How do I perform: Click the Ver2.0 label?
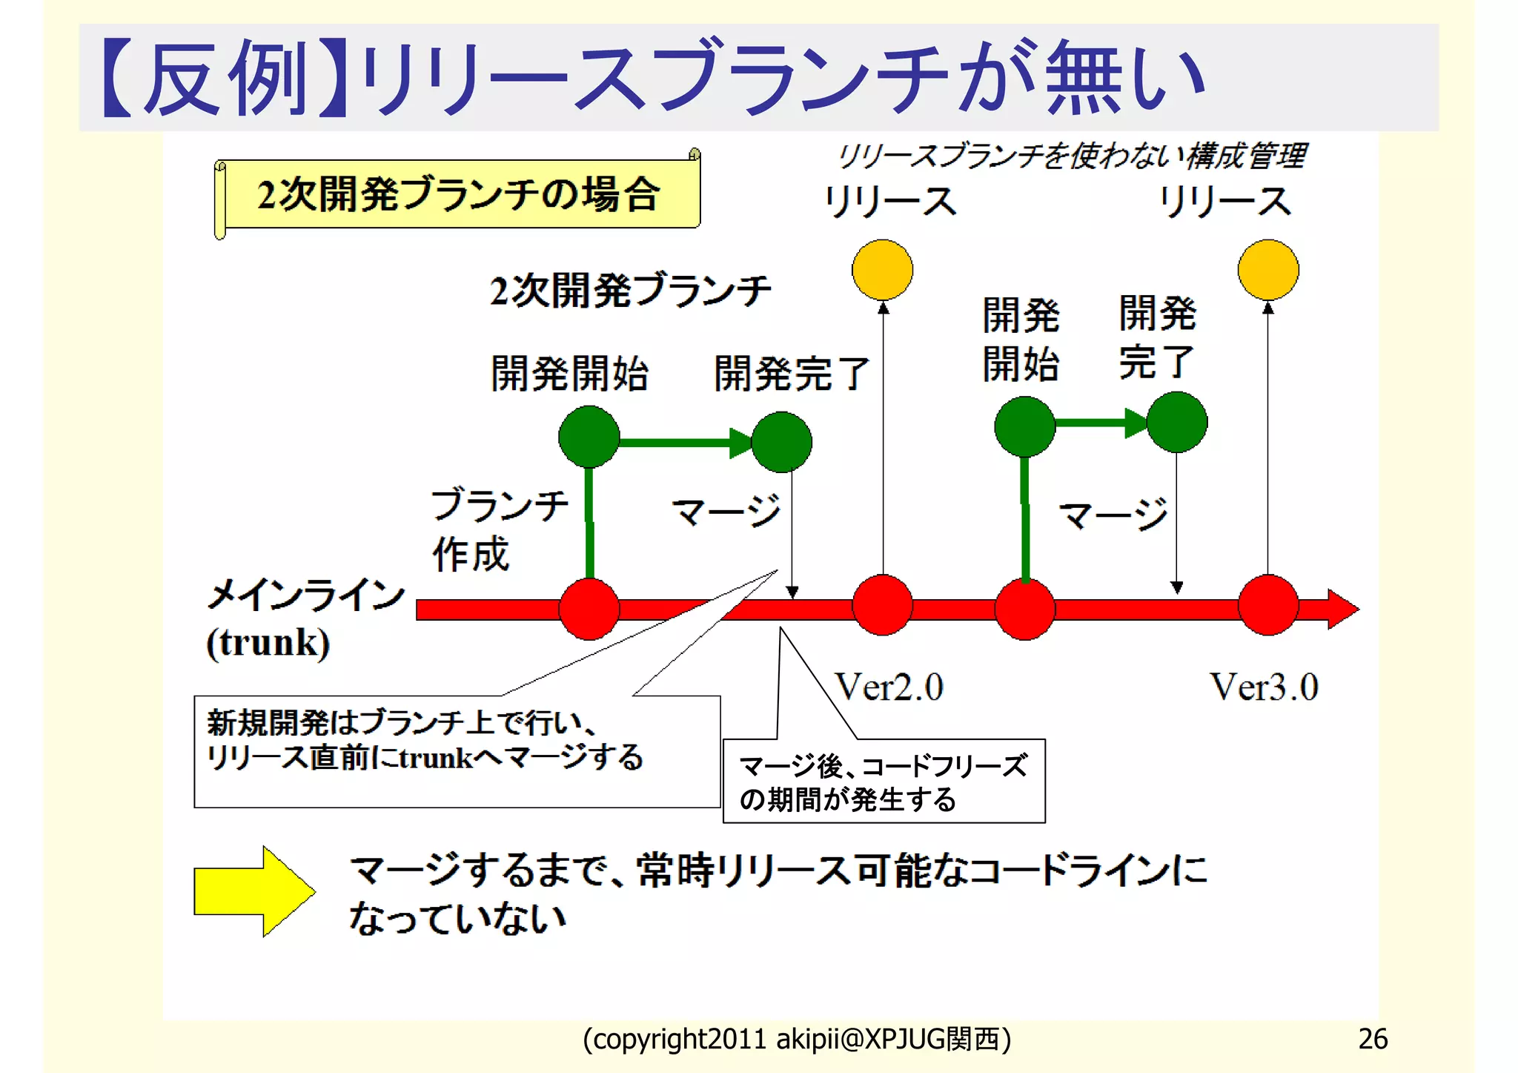point(889,687)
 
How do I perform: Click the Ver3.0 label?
point(1264,687)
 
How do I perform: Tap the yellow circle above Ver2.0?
point(882,270)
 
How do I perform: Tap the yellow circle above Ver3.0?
point(1268,270)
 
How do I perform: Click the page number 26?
point(1372,1039)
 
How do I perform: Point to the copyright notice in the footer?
point(797,1039)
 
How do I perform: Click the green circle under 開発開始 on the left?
point(589,437)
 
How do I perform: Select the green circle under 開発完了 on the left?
point(781,443)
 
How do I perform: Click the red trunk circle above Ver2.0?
point(882,605)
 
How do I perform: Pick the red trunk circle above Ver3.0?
point(1268,605)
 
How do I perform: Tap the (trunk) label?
point(268,643)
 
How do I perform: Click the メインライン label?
point(306,595)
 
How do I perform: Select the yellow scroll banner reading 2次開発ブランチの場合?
point(458,194)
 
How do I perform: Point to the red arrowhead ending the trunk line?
point(1342,609)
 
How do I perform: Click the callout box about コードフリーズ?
point(884,782)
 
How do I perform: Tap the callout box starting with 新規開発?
point(457,750)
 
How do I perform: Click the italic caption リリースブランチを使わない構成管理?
point(1072,156)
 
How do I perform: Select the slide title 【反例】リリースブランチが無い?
point(652,77)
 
